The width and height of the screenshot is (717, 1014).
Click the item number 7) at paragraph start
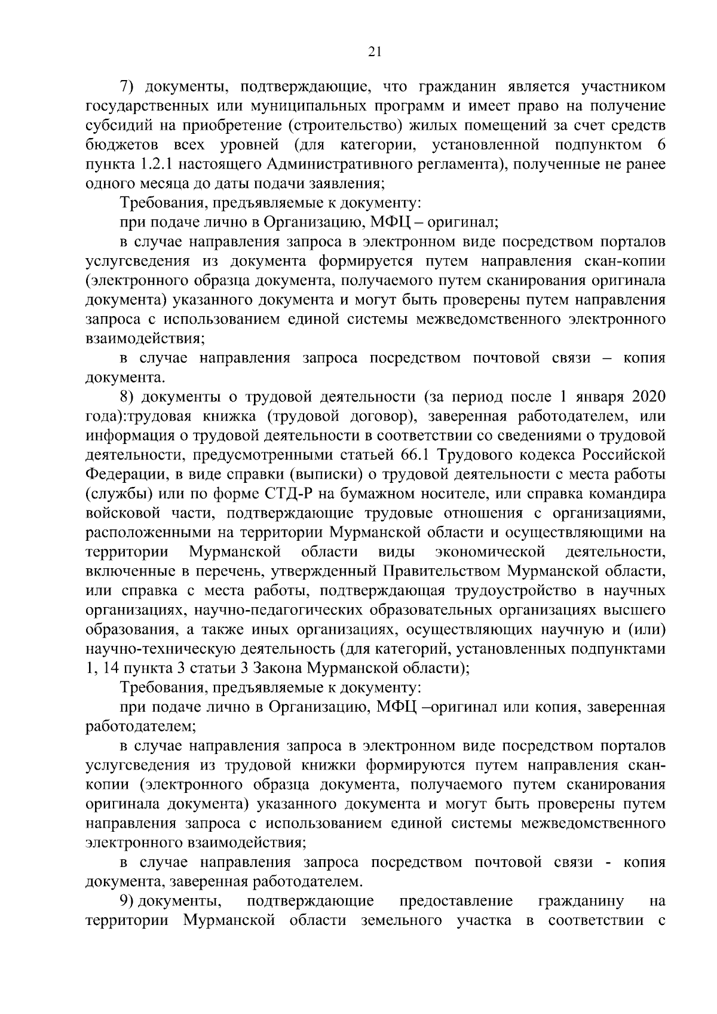coord(130,87)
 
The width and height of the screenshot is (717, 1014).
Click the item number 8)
coord(130,397)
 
